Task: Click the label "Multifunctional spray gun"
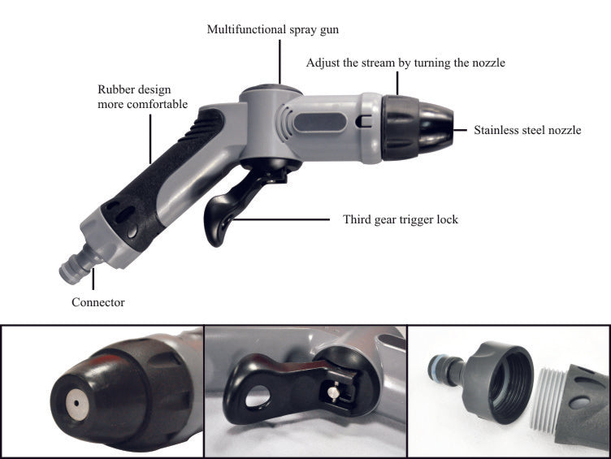pos(272,29)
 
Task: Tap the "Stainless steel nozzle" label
pos(527,129)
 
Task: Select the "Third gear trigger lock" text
pos(401,219)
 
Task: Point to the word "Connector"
pos(97,302)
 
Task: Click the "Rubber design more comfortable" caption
pos(143,97)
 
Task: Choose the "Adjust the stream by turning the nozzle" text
pos(405,63)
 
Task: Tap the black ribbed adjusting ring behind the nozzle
pos(400,127)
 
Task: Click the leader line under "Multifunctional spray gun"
pos(279,60)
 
